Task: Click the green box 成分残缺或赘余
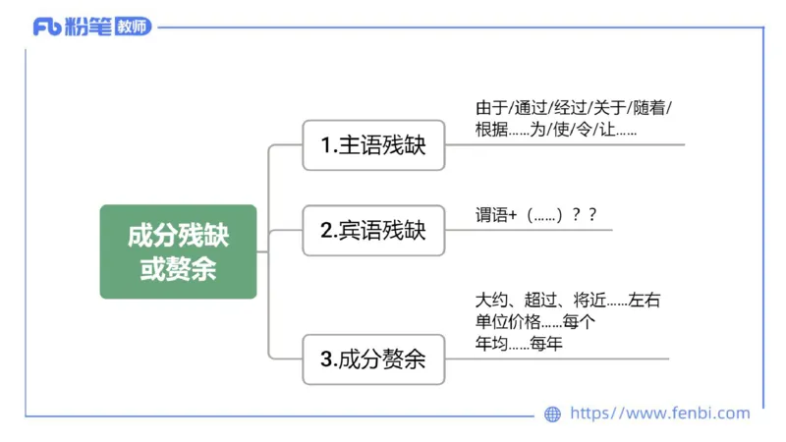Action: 178,251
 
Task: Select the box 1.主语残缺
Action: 373,145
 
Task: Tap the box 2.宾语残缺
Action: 373,231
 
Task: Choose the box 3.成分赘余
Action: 373,359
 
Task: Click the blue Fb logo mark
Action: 47,27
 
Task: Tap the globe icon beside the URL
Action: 552,414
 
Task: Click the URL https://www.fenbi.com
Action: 659,414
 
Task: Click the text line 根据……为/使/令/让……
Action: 556,129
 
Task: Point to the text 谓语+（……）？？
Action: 536,215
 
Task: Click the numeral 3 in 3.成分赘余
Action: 325,359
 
